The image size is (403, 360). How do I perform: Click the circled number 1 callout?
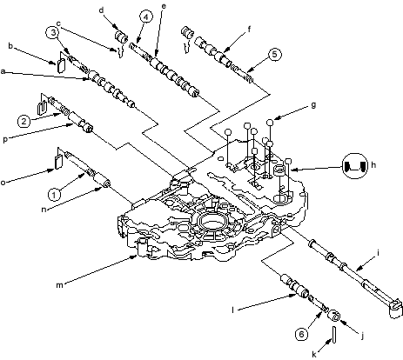pyautogui.click(x=54, y=195)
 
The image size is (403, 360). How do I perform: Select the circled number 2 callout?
pyautogui.click(x=24, y=121)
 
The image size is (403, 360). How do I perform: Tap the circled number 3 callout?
pyautogui.click(x=53, y=33)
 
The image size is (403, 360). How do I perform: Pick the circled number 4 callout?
pyautogui.click(x=145, y=17)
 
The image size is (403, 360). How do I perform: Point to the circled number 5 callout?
pyautogui.click(x=274, y=55)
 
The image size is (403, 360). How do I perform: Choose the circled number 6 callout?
pyautogui.click(x=302, y=334)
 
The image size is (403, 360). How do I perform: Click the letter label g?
pyautogui.click(x=313, y=105)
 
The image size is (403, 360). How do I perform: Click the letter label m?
pyautogui.click(x=59, y=285)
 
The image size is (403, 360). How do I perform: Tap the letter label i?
pyautogui.click(x=378, y=253)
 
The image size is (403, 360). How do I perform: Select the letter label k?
pyautogui.click(x=314, y=354)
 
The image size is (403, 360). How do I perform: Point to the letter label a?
pyautogui.click(x=3, y=71)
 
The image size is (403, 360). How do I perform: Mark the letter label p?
pyautogui.click(x=5, y=140)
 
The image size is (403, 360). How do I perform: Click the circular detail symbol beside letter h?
pyautogui.click(x=354, y=166)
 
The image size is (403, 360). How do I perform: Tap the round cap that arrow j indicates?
pyautogui.click(x=334, y=316)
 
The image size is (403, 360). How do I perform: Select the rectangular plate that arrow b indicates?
pyautogui.click(x=61, y=65)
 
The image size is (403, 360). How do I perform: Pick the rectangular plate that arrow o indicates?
pyautogui.click(x=58, y=162)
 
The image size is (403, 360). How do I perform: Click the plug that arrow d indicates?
pyautogui.click(x=120, y=37)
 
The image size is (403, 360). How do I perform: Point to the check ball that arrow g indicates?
pyautogui.click(x=270, y=122)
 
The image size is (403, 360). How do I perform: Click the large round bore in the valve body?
pyautogui.click(x=212, y=223)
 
